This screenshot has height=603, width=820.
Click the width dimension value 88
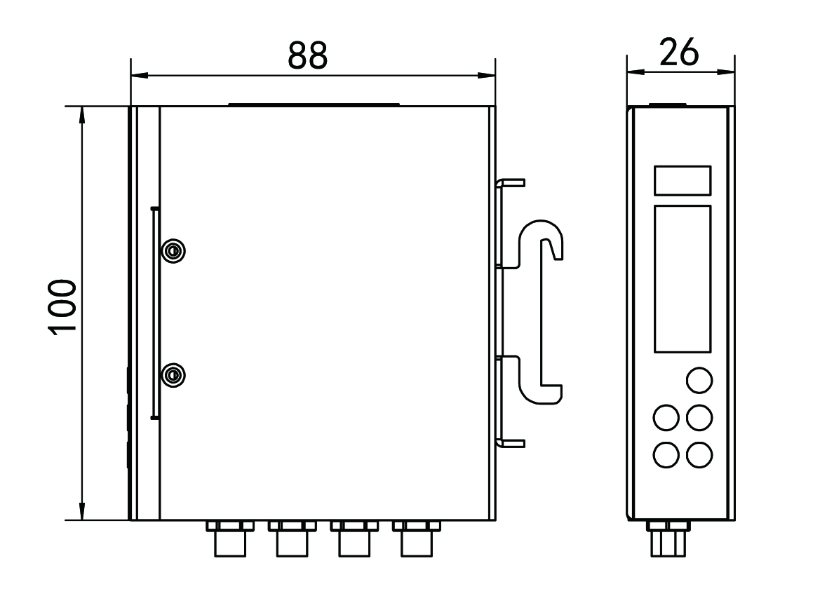[x=308, y=55]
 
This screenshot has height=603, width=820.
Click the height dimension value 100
[x=62, y=306]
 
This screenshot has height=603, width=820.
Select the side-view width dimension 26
[x=679, y=52]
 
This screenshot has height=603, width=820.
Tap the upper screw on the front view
[x=173, y=251]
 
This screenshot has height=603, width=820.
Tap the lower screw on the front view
[x=173, y=375]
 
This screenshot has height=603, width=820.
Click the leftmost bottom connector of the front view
[x=230, y=538]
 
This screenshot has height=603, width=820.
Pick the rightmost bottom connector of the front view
[x=416, y=538]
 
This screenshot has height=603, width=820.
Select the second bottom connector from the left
[x=293, y=538]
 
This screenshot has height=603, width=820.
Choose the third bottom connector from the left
[x=354, y=538]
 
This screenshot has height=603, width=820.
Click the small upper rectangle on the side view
[x=683, y=181]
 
